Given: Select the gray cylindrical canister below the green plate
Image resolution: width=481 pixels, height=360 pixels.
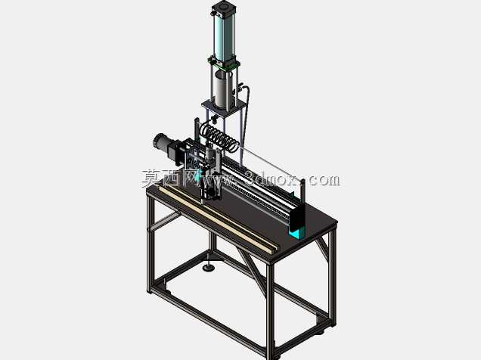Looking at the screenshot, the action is pyautogui.click(x=223, y=89).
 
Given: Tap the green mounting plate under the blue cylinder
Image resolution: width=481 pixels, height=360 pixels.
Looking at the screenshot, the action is pyautogui.click(x=225, y=64).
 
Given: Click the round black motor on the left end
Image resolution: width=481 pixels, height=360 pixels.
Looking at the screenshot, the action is pyautogui.click(x=162, y=143).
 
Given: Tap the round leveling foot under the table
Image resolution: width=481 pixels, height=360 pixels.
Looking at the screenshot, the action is pyautogui.click(x=209, y=268).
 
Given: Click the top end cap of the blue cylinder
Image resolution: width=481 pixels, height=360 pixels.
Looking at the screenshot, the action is pyautogui.click(x=224, y=8).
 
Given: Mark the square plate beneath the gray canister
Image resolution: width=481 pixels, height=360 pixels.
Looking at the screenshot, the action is pyautogui.click(x=224, y=107).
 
